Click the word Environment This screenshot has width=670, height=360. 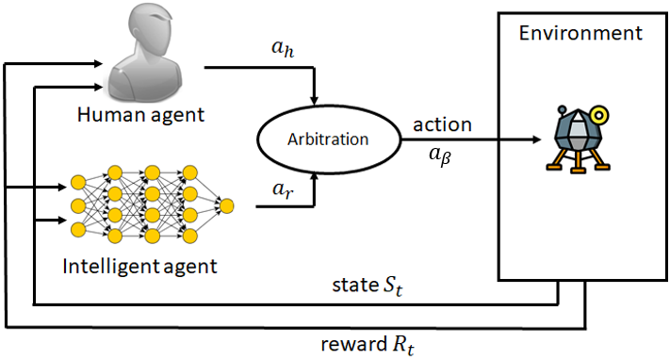coord(580,33)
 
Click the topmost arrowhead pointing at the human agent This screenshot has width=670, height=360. coord(94,63)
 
